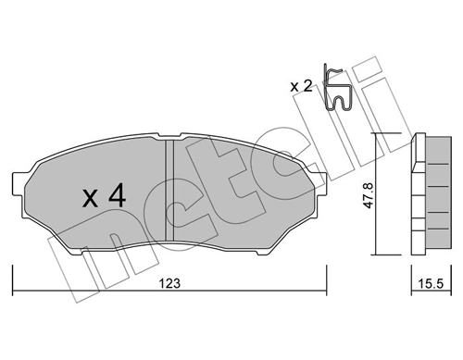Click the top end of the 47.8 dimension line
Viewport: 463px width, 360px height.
tap(375, 135)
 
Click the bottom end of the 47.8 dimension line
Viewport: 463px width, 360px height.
tap(375, 253)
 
